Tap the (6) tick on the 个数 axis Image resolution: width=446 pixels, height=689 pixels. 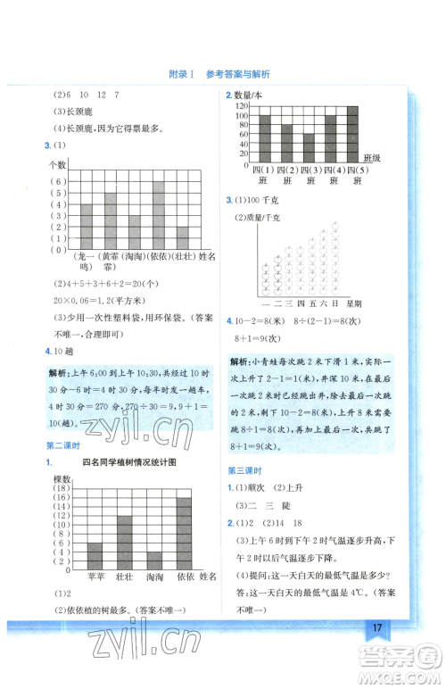click(x=56, y=181)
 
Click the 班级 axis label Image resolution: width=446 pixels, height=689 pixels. click(x=371, y=157)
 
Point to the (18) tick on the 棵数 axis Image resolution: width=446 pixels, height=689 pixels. click(x=60, y=489)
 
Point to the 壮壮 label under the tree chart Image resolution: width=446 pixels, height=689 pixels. click(x=125, y=577)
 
